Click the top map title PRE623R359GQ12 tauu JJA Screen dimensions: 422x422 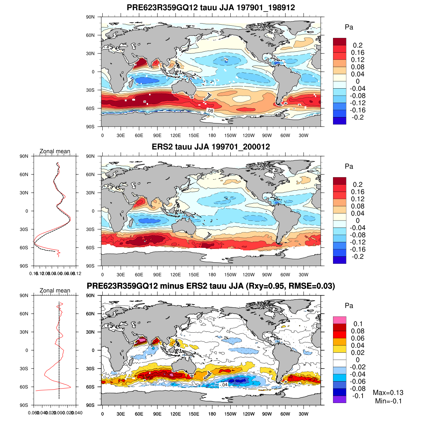211,7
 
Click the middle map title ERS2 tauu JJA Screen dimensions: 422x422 211,147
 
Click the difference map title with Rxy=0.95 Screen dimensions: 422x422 211,286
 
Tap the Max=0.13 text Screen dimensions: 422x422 388,393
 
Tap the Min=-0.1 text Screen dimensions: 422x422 388,401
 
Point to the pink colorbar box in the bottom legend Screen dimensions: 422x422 339,320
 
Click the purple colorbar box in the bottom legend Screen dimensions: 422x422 339,399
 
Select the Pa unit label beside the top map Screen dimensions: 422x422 349,27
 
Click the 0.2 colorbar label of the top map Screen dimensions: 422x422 358,45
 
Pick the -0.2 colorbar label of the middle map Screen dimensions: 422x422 357,257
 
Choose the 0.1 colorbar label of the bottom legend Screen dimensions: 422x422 358,324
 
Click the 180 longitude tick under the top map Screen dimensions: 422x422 212,136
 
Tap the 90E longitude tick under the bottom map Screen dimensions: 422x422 157,414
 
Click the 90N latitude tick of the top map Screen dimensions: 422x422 90,17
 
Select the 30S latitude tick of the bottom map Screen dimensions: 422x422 90,369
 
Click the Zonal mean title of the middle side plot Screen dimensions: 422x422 55,151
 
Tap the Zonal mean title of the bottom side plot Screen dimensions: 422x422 55,290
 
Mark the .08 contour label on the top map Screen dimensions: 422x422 210,111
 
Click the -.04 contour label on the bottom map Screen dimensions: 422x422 223,385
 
